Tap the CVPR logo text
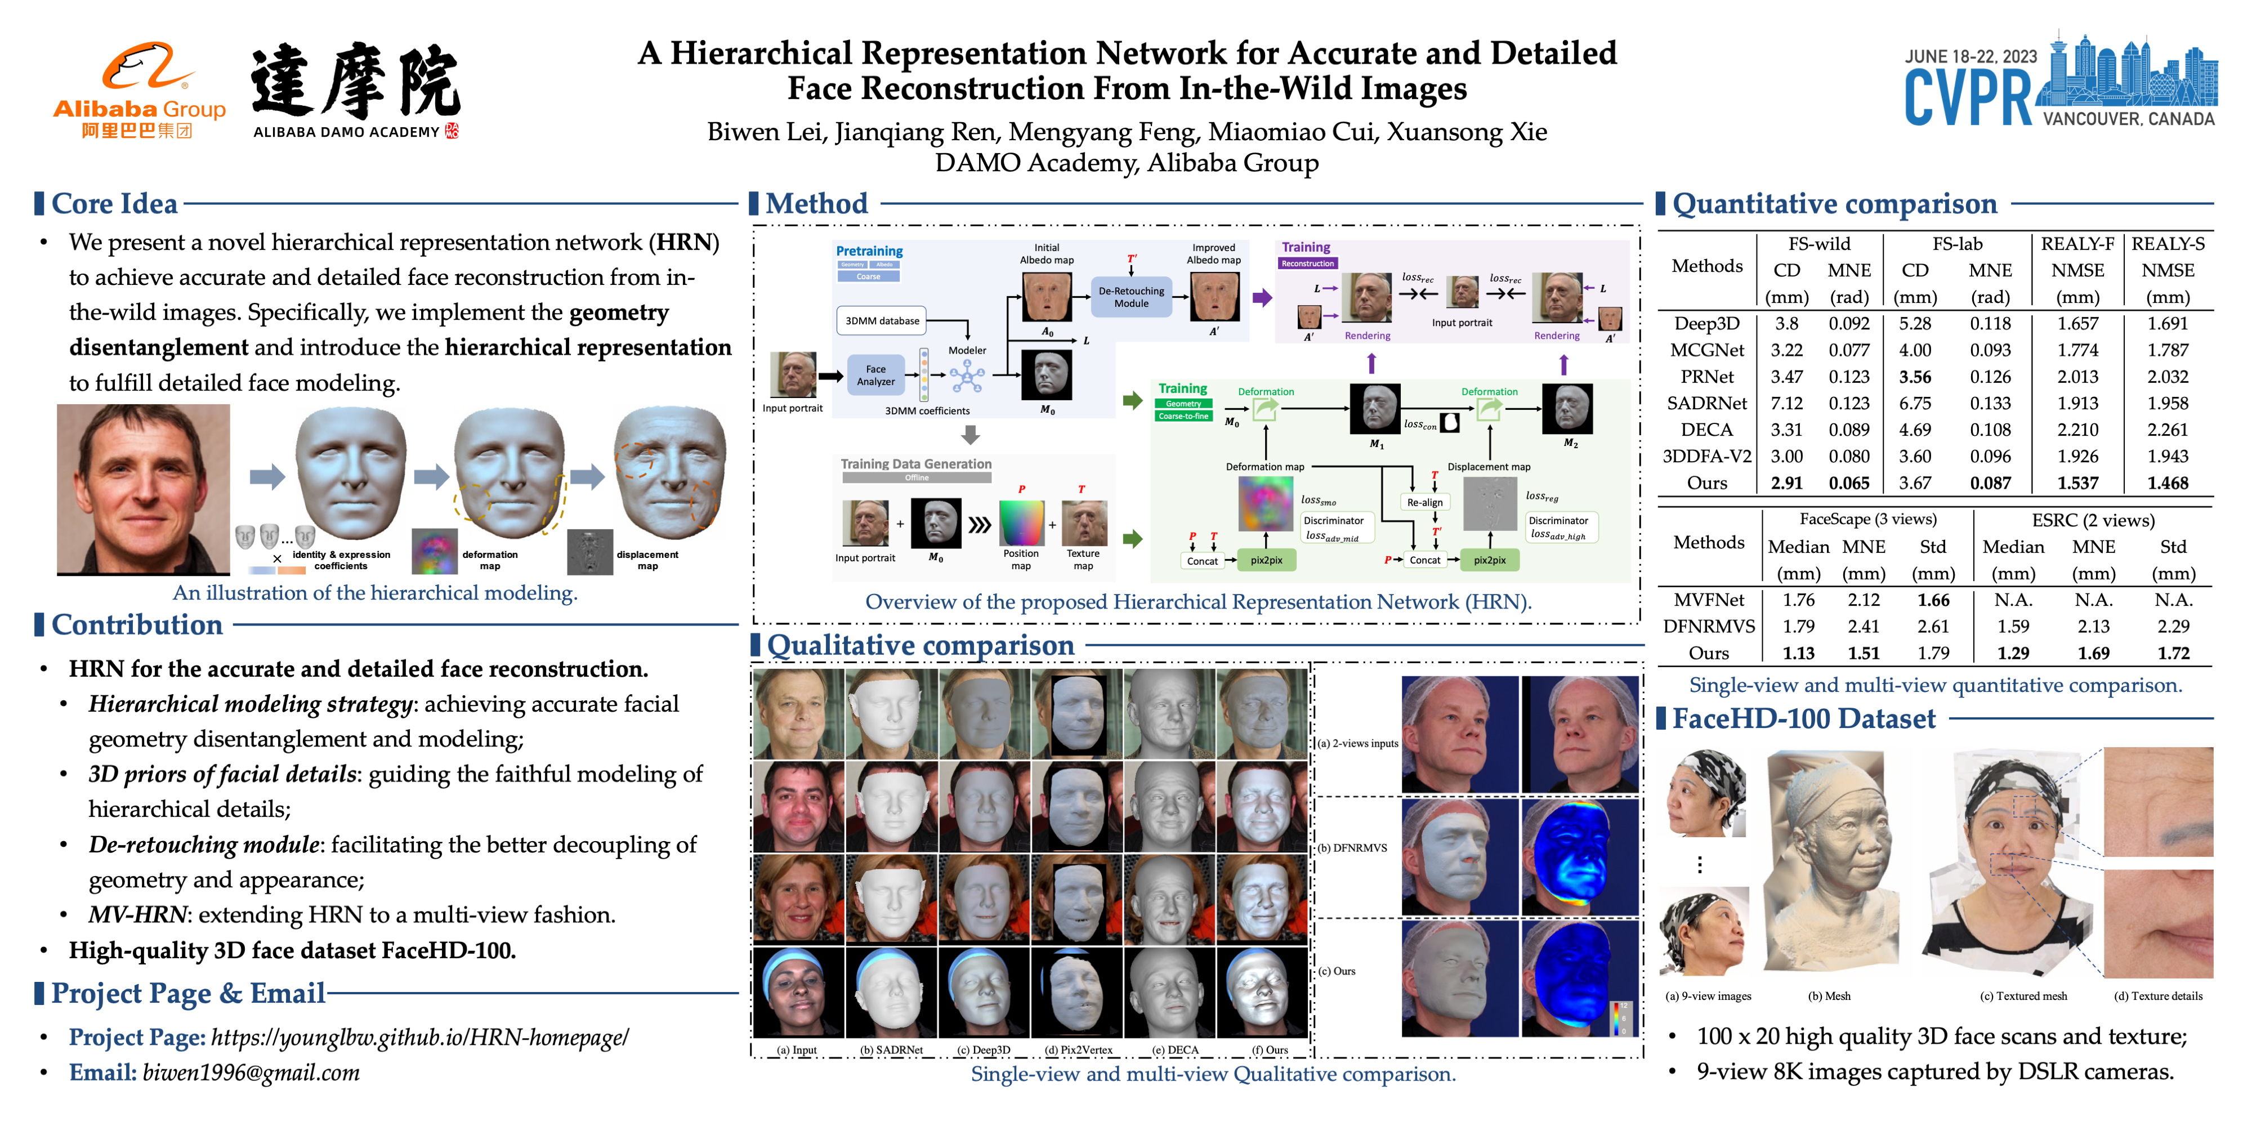point(1968,98)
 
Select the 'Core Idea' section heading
point(114,204)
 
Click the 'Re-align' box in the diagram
point(1424,503)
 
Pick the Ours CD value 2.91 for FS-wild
point(1786,484)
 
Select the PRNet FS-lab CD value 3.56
point(1915,377)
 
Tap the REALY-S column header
point(2168,244)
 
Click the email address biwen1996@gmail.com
point(251,1073)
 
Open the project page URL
point(419,1038)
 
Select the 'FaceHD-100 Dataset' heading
point(1803,718)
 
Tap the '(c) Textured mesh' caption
point(2023,996)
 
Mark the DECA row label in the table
point(1706,430)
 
